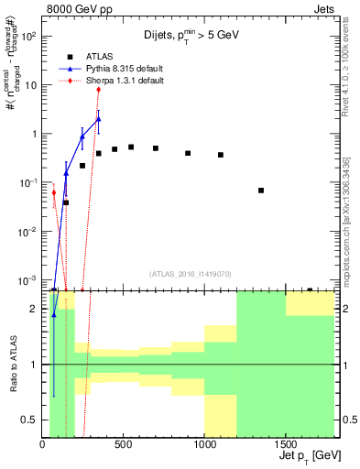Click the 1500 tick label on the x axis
pos(286,444)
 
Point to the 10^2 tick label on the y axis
pos(25,37)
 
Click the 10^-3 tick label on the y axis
pos(25,279)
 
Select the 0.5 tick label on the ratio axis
pos(27,420)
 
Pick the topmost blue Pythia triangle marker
pos(98,119)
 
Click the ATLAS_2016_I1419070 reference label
pos(191,274)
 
